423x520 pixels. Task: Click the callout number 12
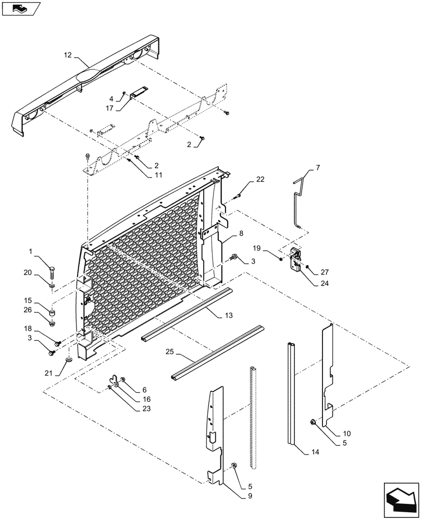tap(68, 55)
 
